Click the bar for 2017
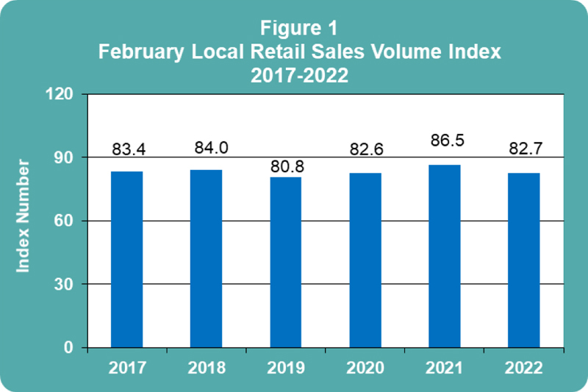[126, 259]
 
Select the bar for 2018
[206, 258]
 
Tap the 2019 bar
[286, 262]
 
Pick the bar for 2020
[365, 260]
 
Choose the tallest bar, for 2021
[445, 256]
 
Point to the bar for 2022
[524, 260]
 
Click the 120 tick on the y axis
[61, 94]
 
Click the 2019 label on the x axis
[286, 367]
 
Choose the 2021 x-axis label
[445, 367]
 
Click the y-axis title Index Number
[24, 215]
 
